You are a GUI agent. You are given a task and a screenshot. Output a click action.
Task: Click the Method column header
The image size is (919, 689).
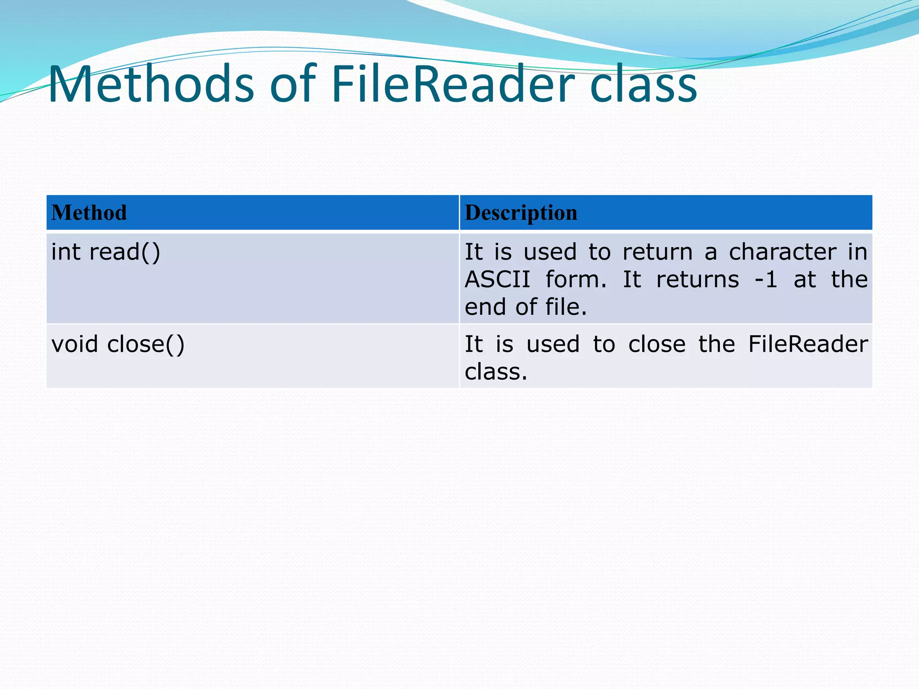(89, 213)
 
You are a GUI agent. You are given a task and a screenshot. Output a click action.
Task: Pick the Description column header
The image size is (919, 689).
(521, 213)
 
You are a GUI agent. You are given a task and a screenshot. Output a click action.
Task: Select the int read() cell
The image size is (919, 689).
(106, 252)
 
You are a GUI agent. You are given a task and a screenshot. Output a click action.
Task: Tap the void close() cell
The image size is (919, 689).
(118, 344)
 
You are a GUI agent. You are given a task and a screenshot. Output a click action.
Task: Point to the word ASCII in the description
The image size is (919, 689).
(497, 280)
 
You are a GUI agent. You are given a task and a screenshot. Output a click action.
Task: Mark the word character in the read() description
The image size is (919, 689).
(782, 252)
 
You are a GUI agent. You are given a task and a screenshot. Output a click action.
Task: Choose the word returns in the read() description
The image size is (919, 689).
(697, 280)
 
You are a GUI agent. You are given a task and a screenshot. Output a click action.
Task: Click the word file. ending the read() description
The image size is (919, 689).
(566, 307)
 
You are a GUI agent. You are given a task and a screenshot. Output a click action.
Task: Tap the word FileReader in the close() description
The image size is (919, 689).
(808, 344)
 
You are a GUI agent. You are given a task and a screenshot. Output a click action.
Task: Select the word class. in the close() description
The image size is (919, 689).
(496, 372)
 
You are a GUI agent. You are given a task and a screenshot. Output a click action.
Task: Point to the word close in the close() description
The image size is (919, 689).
(656, 344)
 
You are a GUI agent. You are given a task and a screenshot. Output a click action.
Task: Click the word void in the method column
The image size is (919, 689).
(74, 344)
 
